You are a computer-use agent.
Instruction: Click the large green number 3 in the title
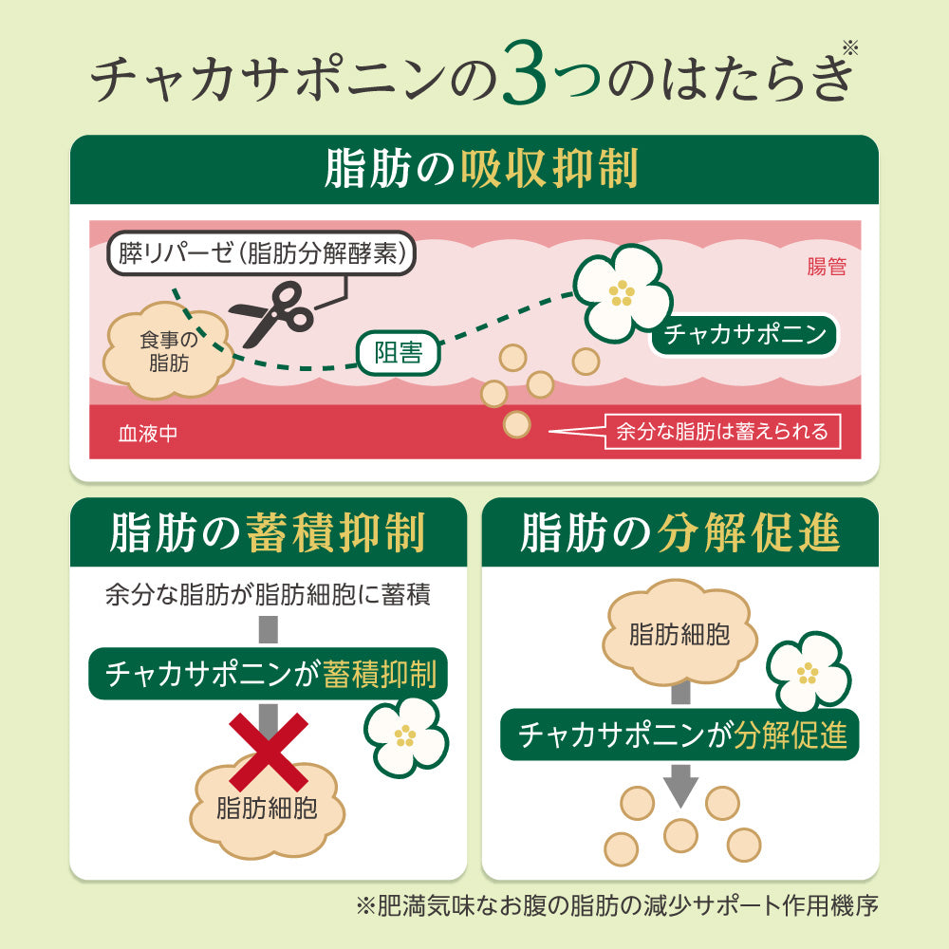point(523,74)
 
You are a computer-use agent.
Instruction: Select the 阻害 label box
point(399,353)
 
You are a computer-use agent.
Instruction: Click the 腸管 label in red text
point(827,267)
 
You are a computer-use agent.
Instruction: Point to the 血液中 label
point(148,434)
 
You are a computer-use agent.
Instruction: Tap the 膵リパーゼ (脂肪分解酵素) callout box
point(262,253)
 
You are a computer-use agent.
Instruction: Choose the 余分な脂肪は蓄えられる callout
point(722,432)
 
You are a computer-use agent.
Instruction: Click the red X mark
point(269,752)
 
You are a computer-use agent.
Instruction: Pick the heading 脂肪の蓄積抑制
point(268,532)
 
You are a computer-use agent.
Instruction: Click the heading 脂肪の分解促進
point(680,532)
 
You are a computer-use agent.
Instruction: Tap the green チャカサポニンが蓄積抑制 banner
point(269,674)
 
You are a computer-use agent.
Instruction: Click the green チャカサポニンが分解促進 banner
point(679,735)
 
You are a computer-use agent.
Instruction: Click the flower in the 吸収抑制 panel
point(623,293)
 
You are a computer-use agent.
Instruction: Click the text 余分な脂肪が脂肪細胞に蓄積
point(268,594)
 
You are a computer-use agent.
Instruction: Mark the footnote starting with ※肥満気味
point(617,905)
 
